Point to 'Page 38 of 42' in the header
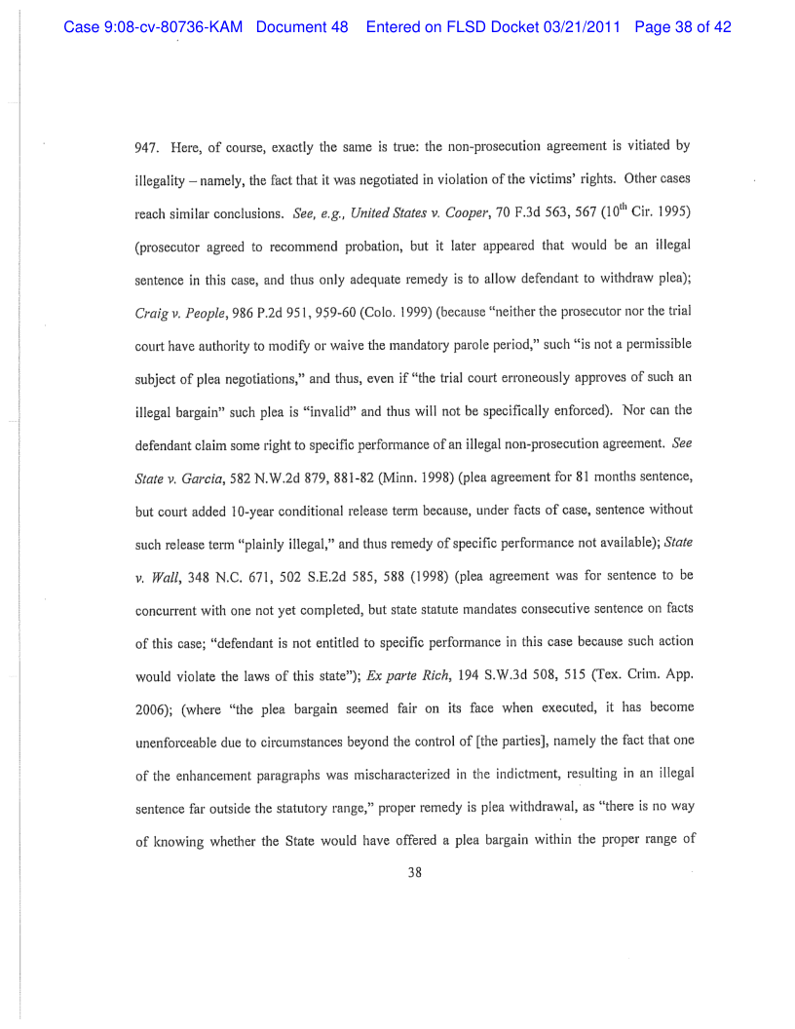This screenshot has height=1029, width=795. click(682, 27)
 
